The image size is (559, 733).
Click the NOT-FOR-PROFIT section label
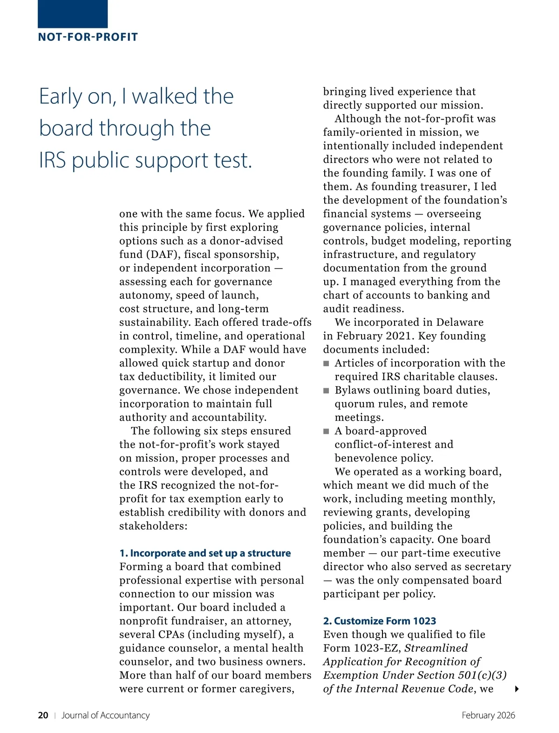(88, 37)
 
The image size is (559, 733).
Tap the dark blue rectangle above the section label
(73, 13)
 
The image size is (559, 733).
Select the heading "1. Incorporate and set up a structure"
(205, 553)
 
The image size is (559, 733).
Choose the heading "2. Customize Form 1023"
(380, 621)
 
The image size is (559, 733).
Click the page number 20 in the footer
(43, 715)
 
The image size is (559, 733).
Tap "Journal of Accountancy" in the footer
(106, 715)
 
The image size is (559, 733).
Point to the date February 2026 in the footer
(488, 715)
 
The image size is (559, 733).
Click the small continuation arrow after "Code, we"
(517, 689)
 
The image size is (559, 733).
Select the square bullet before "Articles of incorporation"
(326, 363)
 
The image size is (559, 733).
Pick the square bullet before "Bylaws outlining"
(326, 390)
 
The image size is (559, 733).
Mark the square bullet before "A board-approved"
(326, 431)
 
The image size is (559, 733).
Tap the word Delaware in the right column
(460, 322)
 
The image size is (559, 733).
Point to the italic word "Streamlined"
(436, 648)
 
